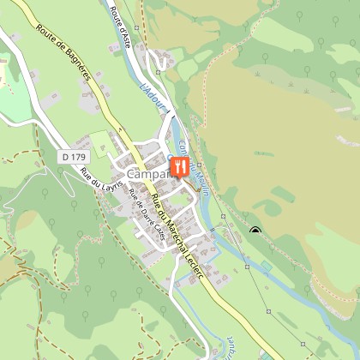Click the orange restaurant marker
(x=179, y=166)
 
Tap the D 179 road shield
(x=75, y=157)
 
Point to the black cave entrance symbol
(x=255, y=230)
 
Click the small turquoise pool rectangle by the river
(x=267, y=267)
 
